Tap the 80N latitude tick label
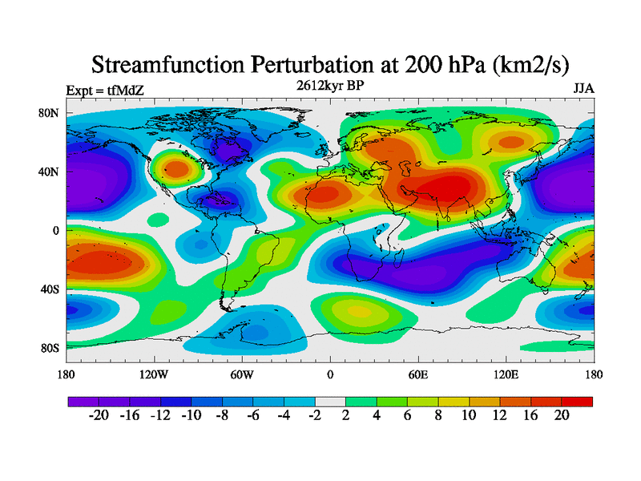50,113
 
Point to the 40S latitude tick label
50,289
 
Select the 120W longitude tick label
154,374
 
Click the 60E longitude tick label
418,374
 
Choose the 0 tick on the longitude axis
329,374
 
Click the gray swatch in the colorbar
330,401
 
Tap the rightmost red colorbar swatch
577,401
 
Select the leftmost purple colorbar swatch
83,401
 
